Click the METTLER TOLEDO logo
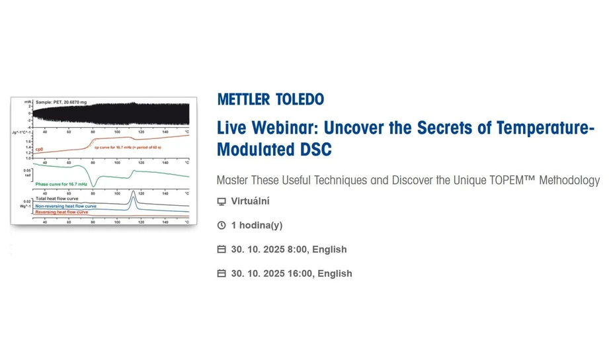pos(270,99)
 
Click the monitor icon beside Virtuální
pos(222,202)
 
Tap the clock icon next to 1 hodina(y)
pos(222,226)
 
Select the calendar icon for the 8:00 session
pos(222,249)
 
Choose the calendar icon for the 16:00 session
pos(222,273)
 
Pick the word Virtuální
pos(250,202)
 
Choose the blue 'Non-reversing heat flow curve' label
pos(65,206)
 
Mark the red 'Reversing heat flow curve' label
pos(61,212)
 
